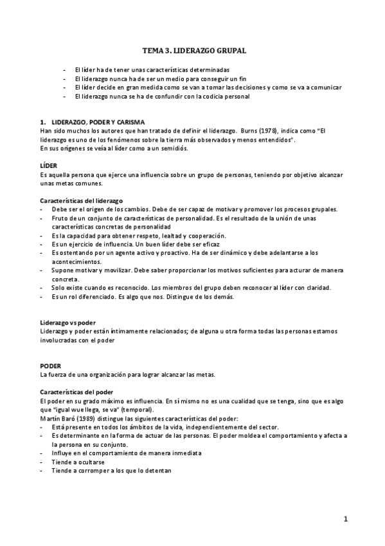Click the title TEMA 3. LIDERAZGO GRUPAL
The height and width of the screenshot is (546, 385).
coord(193,49)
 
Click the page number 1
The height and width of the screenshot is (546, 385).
coord(345,519)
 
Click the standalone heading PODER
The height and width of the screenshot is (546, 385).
coord(50,366)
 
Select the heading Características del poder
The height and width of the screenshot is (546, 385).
coord(72,392)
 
